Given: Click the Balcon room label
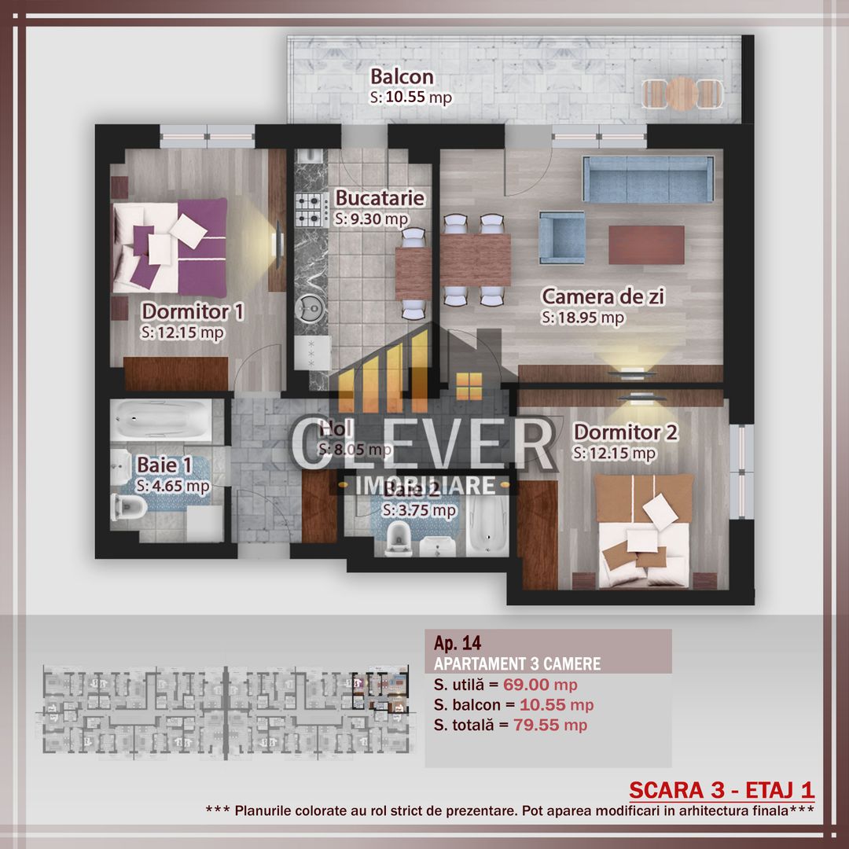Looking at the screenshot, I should click(x=402, y=77).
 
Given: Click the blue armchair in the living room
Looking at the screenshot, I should click(x=562, y=237).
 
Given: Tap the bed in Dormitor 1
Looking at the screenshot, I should click(x=170, y=244).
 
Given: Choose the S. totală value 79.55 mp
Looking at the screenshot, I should click(x=549, y=725).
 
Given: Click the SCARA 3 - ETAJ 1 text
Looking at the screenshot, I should click(x=722, y=789).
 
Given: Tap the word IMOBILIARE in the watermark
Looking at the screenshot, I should click(x=425, y=485).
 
